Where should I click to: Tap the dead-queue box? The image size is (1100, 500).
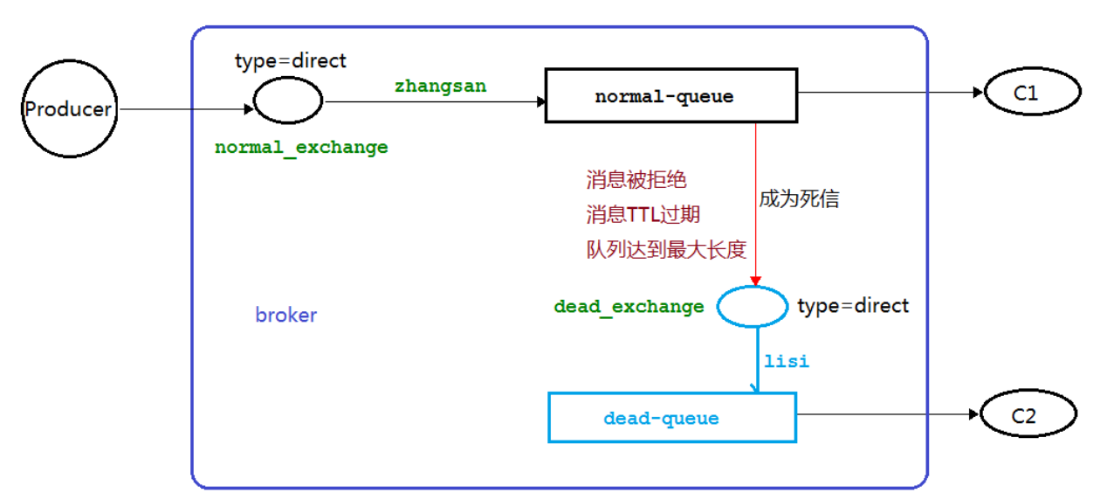[x=671, y=418]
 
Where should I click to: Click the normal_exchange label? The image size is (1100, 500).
[x=301, y=147]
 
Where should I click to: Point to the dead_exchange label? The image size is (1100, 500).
[x=629, y=307]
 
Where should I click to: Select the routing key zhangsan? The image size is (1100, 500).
[x=440, y=86]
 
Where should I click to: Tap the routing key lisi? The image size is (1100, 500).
[x=787, y=361]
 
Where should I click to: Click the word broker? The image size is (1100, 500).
[x=285, y=316]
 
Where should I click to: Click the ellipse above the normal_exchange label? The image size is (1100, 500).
[x=288, y=103]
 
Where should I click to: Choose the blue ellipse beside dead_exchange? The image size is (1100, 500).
[x=752, y=307]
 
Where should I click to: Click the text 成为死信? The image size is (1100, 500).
[x=798, y=198]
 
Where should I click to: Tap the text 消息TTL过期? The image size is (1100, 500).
[x=643, y=215]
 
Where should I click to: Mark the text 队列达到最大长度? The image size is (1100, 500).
[x=666, y=250]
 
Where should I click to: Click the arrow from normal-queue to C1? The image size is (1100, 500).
[x=890, y=93]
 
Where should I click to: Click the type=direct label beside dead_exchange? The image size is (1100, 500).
[x=853, y=306]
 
